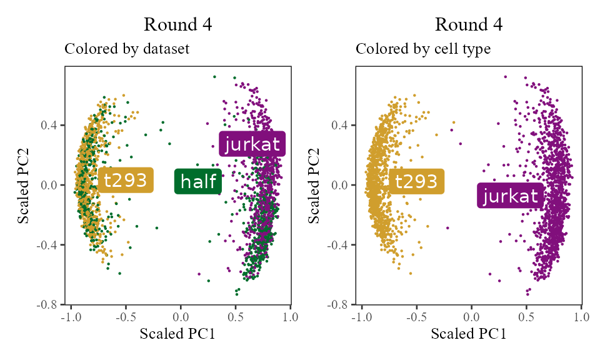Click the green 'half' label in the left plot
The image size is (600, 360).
coord(198,182)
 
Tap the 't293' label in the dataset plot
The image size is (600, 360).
coord(125,181)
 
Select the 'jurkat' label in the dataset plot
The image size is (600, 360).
coord(252,144)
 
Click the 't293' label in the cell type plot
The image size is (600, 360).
coord(416,182)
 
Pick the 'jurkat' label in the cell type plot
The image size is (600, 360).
coord(511,196)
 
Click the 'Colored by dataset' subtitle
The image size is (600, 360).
coord(127,49)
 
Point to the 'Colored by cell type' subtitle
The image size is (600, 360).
coord(423,49)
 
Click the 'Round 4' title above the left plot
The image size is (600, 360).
coord(178,25)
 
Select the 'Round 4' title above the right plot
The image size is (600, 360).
coord(469,25)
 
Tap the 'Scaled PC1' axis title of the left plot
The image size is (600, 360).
coord(177,334)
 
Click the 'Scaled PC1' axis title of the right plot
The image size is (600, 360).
coord(469,334)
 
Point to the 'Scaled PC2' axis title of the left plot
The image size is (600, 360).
coord(24,185)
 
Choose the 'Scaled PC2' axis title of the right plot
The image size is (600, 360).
coord(316,185)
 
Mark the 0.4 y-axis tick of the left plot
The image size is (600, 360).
coord(50,125)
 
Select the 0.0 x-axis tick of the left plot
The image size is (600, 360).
coord(181,317)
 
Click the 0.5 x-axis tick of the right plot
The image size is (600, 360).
coord(526,317)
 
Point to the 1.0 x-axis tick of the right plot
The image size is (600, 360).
coord(581,317)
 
